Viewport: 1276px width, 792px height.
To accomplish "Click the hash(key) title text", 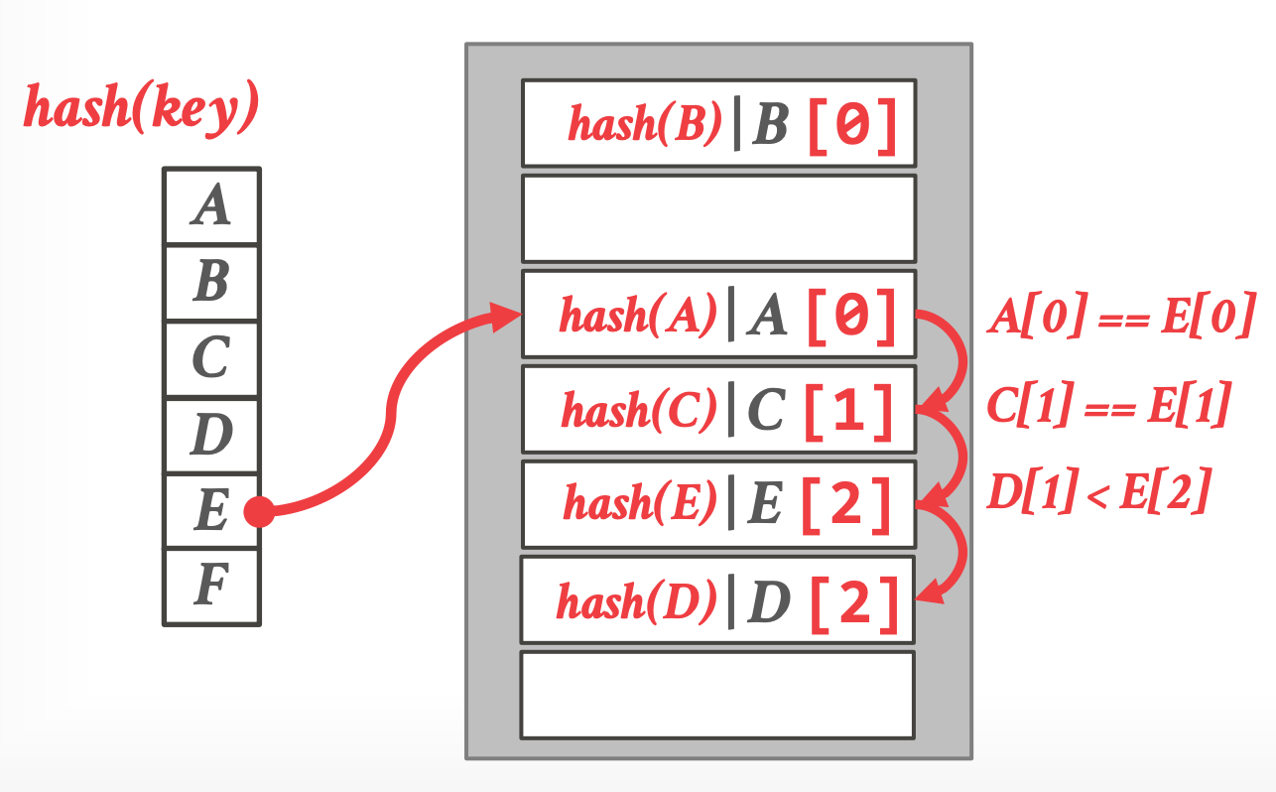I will click(x=141, y=107).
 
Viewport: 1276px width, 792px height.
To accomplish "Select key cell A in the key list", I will click(x=211, y=206).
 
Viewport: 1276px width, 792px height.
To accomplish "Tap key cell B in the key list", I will click(x=211, y=283).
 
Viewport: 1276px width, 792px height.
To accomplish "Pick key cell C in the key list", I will click(x=211, y=358).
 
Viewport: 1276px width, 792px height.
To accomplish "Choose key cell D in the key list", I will click(x=211, y=435).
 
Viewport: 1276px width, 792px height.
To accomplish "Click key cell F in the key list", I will click(x=211, y=587).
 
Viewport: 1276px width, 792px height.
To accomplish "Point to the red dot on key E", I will click(x=258, y=511).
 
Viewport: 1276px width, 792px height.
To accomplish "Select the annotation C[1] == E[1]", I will click(x=1108, y=406).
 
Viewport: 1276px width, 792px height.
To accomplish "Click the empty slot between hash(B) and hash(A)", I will click(x=717, y=218).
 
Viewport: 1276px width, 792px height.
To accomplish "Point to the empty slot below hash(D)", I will click(x=717, y=695).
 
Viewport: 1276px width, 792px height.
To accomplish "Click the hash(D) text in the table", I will click(x=635, y=601).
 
